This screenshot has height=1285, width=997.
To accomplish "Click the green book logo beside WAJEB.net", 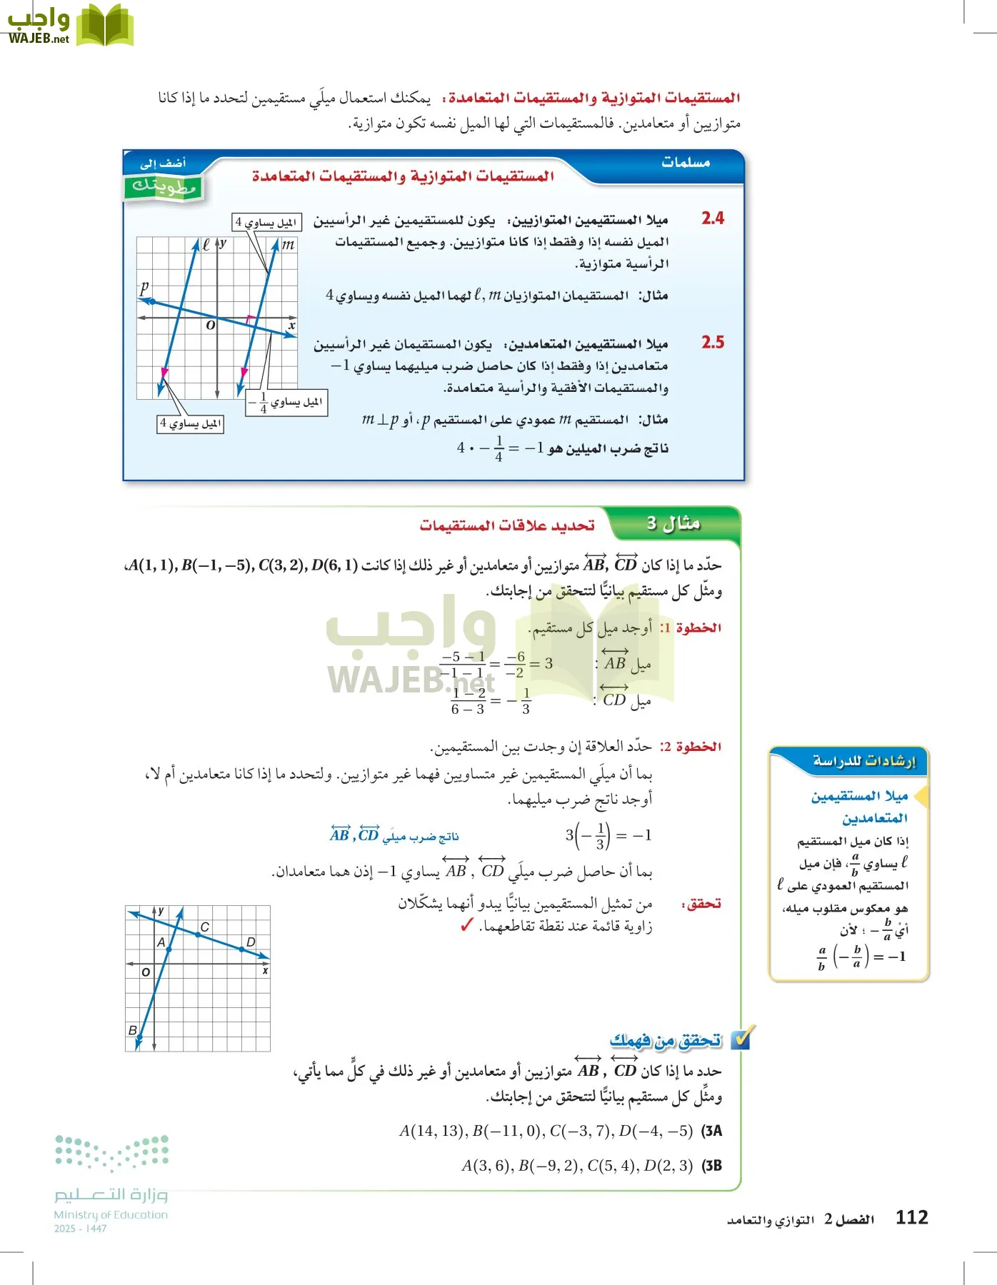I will pos(105,26).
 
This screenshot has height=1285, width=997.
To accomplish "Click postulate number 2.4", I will pos(712,218).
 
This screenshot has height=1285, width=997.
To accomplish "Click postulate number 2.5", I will pos(712,343).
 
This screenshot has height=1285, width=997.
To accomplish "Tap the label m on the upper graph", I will pos(287,245).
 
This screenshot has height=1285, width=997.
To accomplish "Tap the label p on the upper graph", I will pos(144,287).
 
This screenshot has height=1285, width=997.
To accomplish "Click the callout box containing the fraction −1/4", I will pos(286,403).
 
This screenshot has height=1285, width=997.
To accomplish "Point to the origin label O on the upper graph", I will pos(210,326).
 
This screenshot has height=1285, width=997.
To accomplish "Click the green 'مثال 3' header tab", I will pos(672,523).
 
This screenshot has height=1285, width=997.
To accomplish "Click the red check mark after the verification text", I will pos(466,925).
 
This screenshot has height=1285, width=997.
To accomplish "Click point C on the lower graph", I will pos(198,934).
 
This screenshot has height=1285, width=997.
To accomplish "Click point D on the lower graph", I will pos(242,949).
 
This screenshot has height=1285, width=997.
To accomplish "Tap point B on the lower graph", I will pos(139,1037).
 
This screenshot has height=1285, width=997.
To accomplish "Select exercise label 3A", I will pos(712,1132).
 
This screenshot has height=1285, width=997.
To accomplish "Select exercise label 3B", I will pos(712,1166).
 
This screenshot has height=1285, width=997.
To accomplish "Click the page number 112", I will pos(911,1218).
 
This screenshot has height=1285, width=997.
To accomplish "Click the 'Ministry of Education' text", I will pos(111,1214).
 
